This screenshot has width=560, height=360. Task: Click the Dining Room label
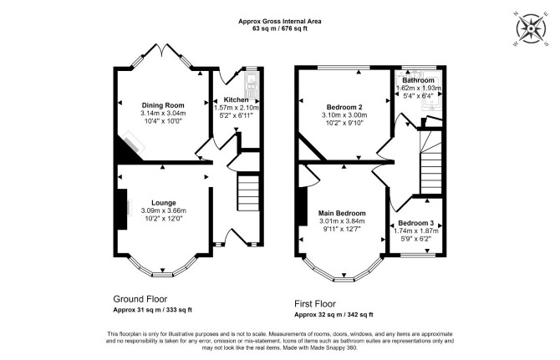point(163,105)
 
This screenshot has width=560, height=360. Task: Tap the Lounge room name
point(164,203)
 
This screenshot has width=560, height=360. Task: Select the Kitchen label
point(236,99)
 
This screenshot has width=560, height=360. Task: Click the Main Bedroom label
point(342,213)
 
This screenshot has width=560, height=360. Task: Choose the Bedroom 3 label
point(416,223)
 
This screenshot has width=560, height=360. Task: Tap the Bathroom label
point(418,80)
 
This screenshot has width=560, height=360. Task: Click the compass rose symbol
point(531,29)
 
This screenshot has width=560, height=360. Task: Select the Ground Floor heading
point(140,299)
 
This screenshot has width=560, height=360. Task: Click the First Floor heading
point(315,304)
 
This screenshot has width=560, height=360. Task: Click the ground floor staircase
point(248,193)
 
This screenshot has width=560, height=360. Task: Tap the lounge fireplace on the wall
point(122,209)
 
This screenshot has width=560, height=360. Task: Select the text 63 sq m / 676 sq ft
point(280,29)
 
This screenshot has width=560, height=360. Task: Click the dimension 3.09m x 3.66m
point(164,210)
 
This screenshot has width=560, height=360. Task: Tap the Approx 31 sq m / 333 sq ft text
point(152,310)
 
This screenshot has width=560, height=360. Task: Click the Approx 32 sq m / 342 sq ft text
point(333,315)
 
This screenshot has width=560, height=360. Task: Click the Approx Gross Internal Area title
point(280,22)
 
